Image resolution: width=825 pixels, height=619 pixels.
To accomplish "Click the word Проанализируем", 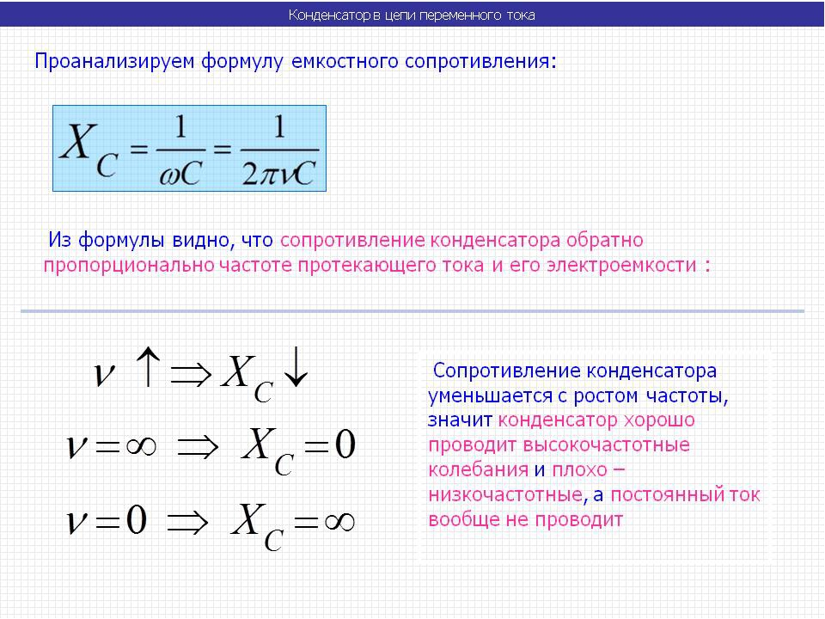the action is [x=114, y=62].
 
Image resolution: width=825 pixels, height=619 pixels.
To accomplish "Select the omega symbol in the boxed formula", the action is [x=169, y=175].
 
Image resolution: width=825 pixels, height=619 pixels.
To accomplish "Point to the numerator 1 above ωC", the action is [x=180, y=127].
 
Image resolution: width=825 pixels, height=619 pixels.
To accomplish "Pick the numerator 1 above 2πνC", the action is [x=279, y=127].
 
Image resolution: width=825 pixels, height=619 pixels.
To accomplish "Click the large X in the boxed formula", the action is [x=79, y=140].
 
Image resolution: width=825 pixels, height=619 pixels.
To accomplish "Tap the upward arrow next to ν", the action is [x=148, y=367].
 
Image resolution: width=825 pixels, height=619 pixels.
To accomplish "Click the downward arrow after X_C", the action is [x=296, y=367].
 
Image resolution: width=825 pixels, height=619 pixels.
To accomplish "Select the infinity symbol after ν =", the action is [x=141, y=446].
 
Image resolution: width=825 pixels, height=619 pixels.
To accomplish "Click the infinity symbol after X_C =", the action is [x=339, y=522].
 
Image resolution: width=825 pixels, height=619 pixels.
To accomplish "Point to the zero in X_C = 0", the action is [x=345, y=444].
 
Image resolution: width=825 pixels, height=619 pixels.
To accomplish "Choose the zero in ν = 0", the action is [x=136, y=520].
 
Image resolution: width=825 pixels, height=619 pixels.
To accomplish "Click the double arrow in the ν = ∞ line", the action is [x=198, y=447].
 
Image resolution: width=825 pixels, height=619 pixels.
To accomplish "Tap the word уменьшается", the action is [x=488, y=395].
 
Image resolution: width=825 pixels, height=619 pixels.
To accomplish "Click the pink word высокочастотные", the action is [x=606, y=444].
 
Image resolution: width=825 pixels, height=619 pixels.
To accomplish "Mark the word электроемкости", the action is [x=621, y=265].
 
